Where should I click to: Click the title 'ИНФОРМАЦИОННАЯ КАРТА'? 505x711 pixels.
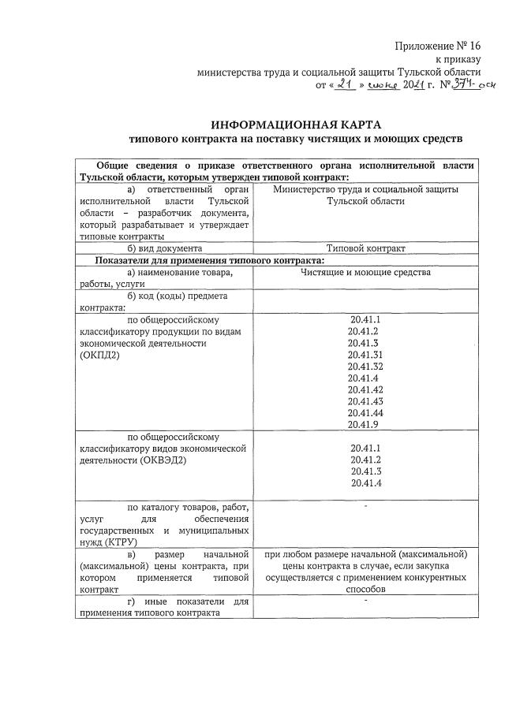pyautogui.click(x=295, y=125)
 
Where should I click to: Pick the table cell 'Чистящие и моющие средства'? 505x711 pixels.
pyautogui.click(x=365, y=273)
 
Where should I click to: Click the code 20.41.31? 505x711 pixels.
pyautogui.click(x=365, y=355)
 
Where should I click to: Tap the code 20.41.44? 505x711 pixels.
pyautogui.click(x=365, y=413)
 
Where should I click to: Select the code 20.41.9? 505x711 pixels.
pyautogui.click(x=365, y=425)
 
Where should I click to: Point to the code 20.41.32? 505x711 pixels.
pyautogui.click(x=365, y=367)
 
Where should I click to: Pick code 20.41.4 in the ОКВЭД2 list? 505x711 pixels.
pyautogui.click(x=365, y=483)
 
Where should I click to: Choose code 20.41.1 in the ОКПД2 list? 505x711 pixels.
pyautogui.click(x=365, y=320)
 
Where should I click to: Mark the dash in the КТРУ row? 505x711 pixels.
pyautogui.click(x=366, y=506)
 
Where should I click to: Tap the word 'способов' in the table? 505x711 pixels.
pyautogui.click(x=365, y=590)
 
